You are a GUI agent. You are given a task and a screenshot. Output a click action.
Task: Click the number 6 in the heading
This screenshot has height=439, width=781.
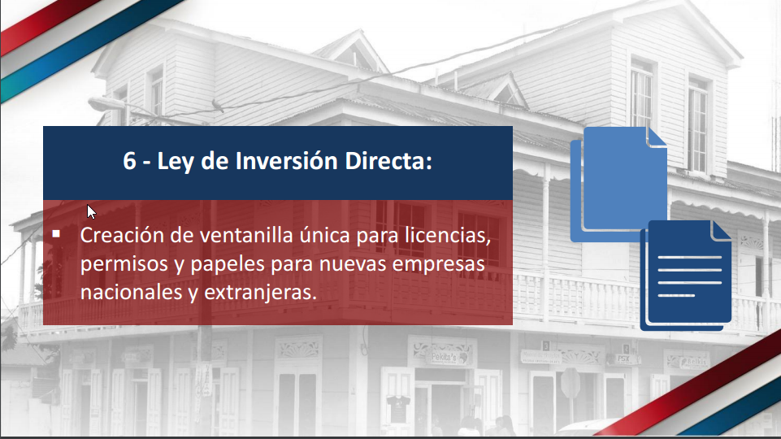coord(130,161)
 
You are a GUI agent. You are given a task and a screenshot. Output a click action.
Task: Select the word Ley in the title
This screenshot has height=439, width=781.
coord(175,161)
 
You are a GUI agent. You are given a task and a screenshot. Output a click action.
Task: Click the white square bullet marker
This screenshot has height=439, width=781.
coord(57,234)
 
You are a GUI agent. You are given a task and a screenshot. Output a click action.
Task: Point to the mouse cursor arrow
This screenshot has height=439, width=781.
coord(91,211)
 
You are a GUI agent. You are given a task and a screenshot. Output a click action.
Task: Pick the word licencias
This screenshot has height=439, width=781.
coord(449,237)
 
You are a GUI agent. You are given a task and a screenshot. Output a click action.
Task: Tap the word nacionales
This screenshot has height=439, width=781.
coord(129,293)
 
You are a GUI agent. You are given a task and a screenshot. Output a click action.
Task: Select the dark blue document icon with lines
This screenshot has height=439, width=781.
coord(684,275)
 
